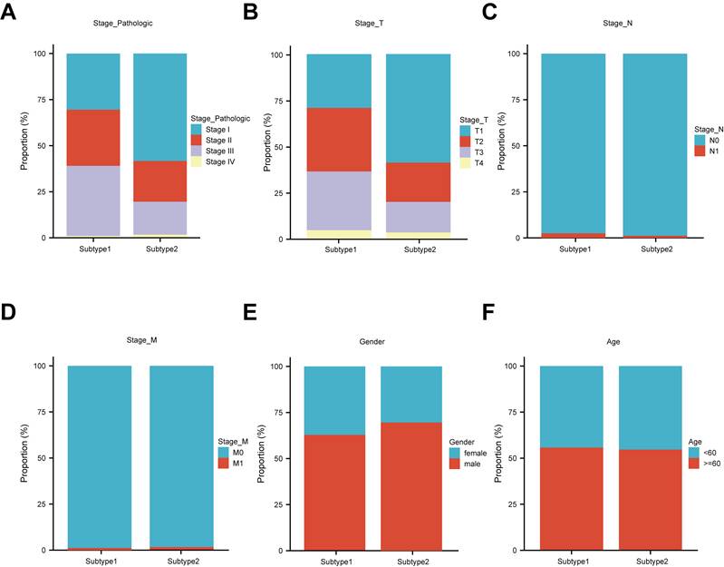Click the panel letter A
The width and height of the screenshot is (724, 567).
(8, 12)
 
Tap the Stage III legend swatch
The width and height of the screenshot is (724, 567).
(197, 152)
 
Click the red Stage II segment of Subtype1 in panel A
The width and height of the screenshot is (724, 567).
(93, 138)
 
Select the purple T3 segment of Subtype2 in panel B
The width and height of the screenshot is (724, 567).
(419, 217)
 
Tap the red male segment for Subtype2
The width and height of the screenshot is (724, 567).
(411, 486)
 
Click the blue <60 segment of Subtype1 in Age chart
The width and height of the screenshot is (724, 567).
(572, 407)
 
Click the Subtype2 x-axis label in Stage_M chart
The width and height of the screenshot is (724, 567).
(183, 562)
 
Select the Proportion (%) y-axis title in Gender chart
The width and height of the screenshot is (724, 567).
(261, 454)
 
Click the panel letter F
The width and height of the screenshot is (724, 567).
(488, 313)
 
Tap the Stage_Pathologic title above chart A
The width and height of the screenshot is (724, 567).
(123, 23)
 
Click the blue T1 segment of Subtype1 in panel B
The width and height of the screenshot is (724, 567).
(339, 82)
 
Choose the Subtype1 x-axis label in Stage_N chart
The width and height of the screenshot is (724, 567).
(574, 249)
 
